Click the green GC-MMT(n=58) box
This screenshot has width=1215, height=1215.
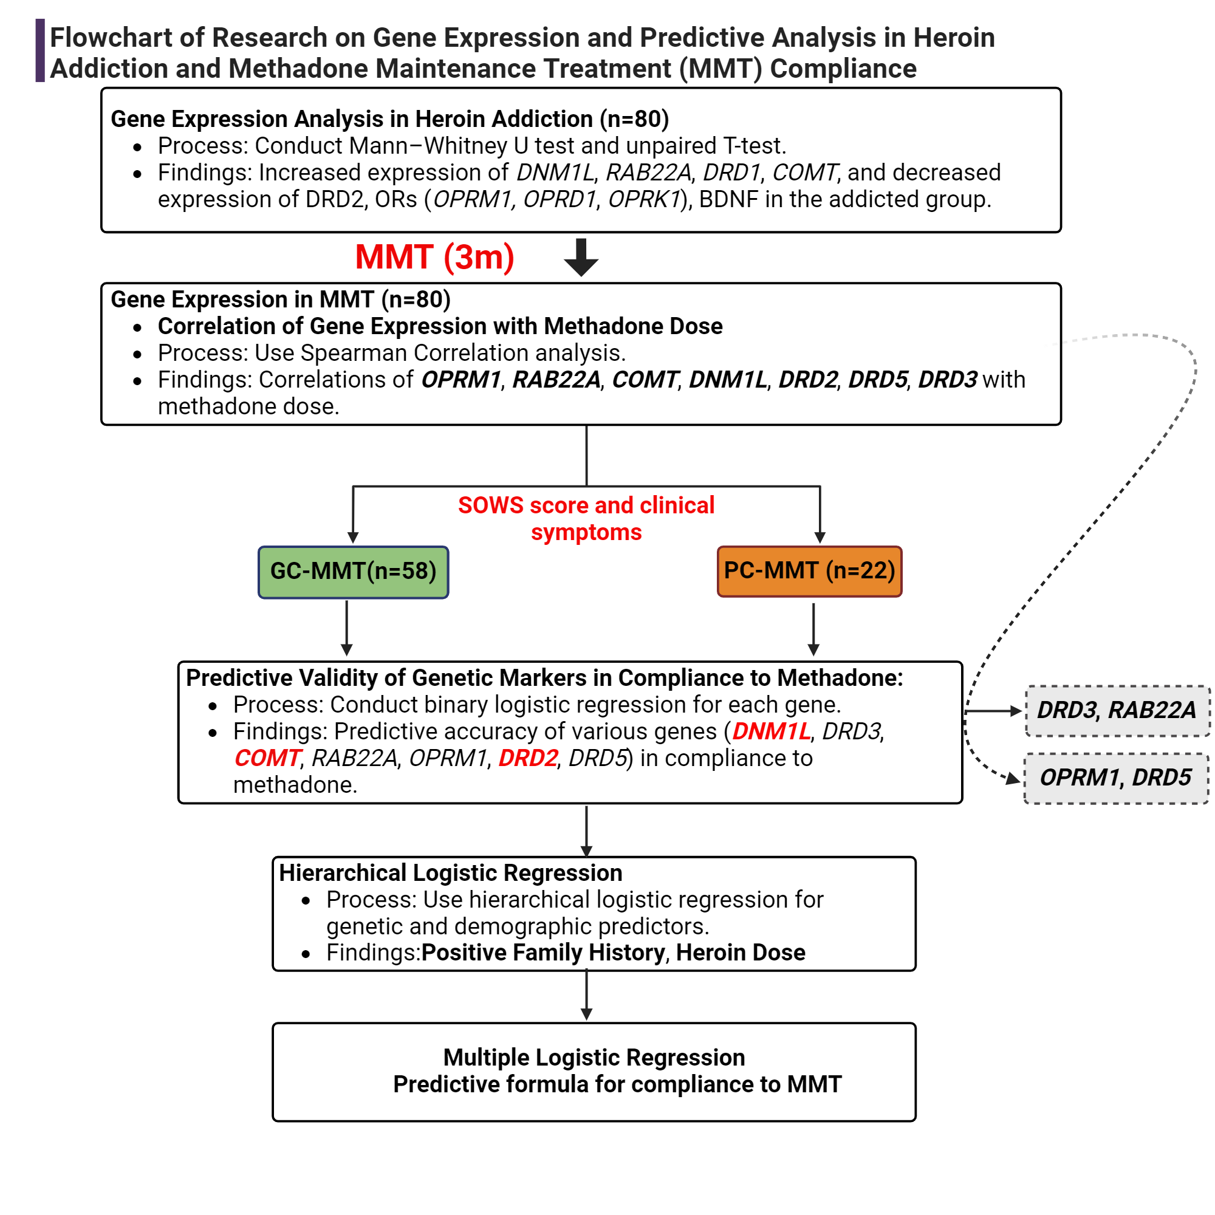[353, 572]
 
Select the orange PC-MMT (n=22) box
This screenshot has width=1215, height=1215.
[809, 571]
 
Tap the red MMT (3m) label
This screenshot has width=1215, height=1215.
[434, 257]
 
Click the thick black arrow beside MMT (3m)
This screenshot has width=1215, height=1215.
[580, 257]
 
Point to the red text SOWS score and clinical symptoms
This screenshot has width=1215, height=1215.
[586, 518]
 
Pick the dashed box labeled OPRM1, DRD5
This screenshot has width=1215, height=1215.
[1115, 778]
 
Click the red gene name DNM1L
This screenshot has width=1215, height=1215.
[771, 731]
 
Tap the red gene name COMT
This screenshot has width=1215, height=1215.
[267, 758]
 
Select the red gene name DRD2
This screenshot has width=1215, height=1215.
[528, 758]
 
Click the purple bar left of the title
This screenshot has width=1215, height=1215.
[40, 51]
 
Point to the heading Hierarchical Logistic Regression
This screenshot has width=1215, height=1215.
[450, 873]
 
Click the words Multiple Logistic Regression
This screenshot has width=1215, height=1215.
[594, 1057]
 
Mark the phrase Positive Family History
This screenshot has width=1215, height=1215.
[542, 953]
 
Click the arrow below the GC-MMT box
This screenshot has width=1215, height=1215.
[346, 628]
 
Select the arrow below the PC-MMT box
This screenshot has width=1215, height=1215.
[813, 628]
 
